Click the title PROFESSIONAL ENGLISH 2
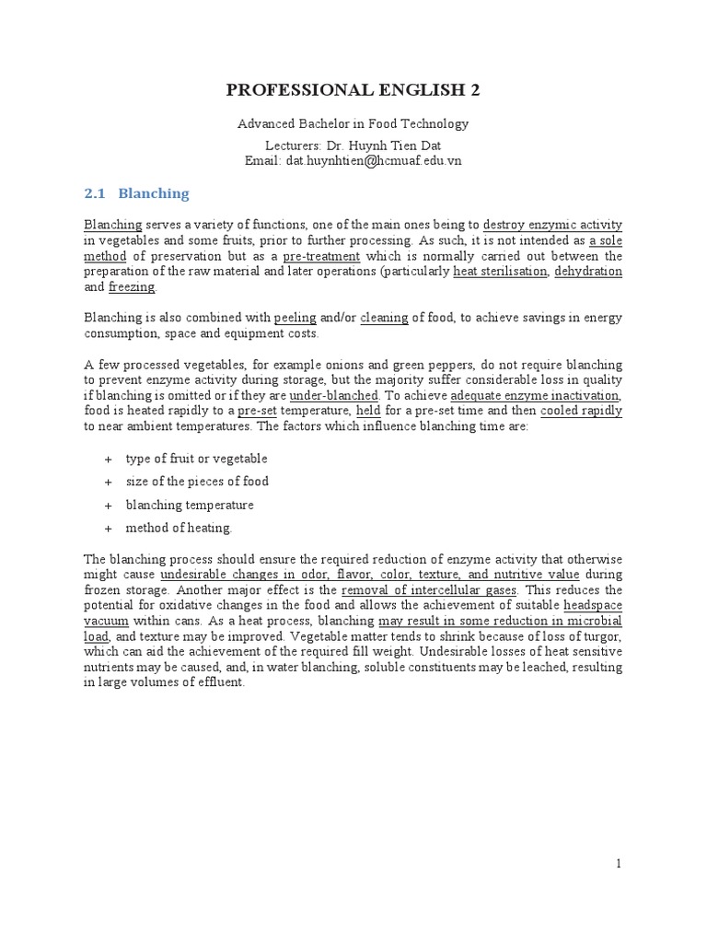353,89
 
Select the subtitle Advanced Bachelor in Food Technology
353,123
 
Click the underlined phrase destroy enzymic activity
552,225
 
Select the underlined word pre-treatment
320,256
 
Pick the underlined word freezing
133,287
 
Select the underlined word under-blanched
340,396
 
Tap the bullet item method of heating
179,528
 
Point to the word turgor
602,636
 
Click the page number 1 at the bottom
620,863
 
